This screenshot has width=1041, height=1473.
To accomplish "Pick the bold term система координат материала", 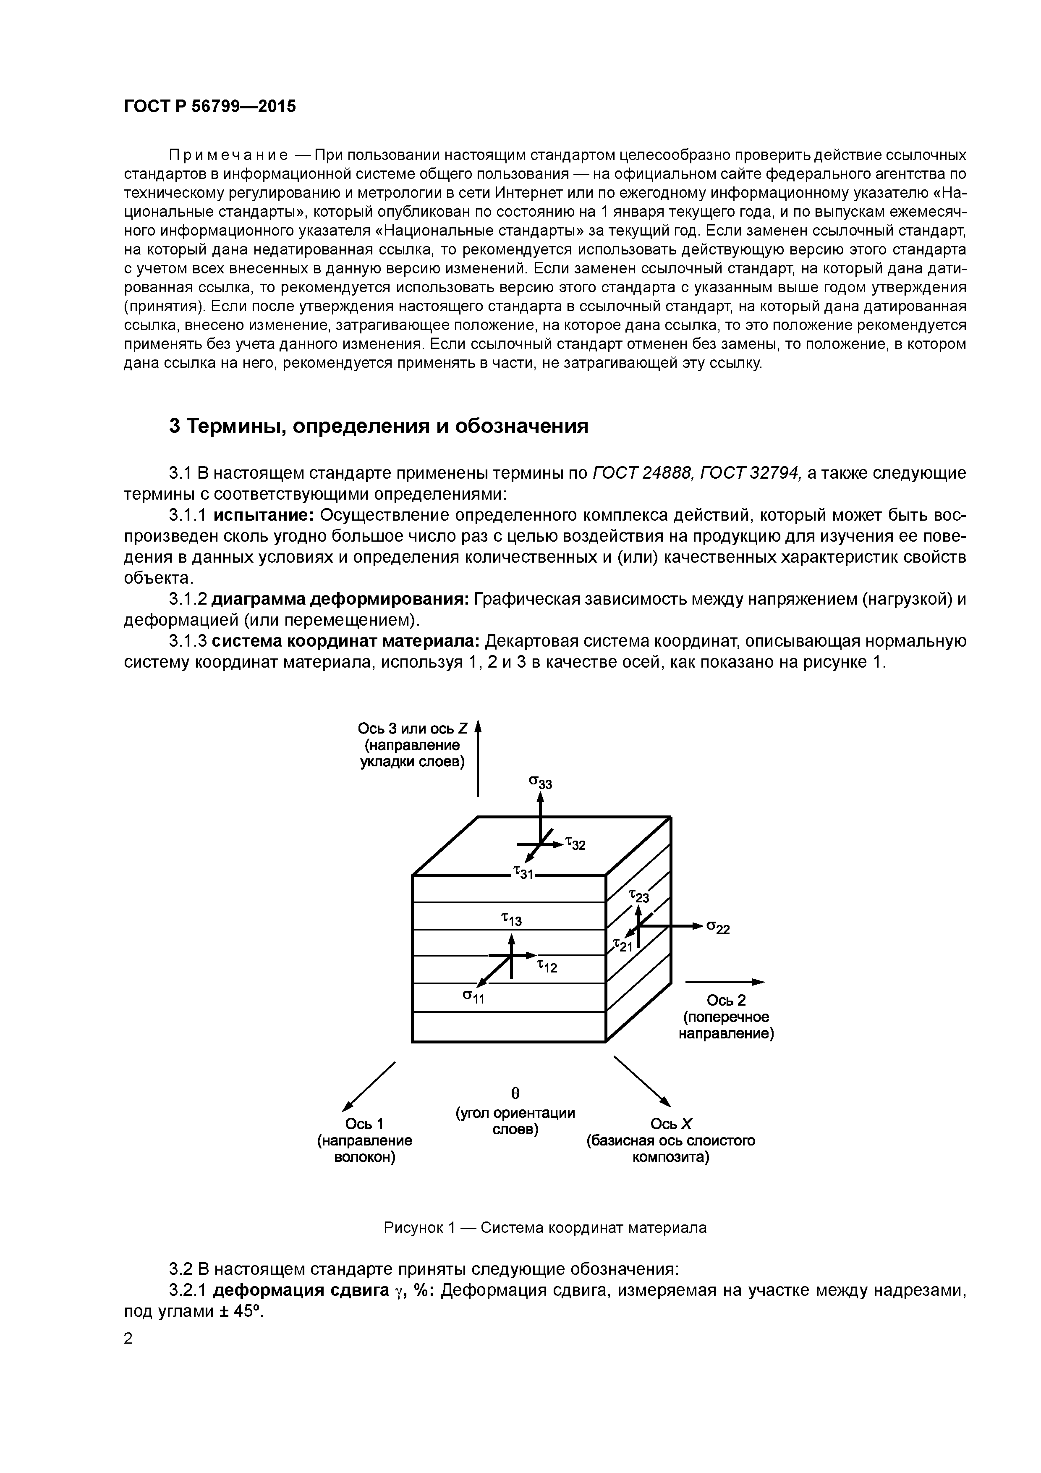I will [x=346, y=642].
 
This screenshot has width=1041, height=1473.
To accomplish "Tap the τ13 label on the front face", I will [x=511, y=919].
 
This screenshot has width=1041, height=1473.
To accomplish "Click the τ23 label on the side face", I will [x=638, y=896].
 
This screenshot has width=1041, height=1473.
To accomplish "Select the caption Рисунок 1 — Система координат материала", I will [x=544, y=1228].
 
